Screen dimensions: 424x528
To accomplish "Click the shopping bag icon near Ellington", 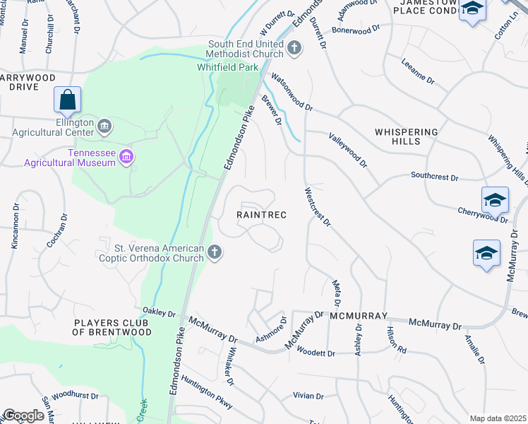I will [x=67, y=100].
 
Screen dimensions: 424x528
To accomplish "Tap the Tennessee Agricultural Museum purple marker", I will [x=127, y=156].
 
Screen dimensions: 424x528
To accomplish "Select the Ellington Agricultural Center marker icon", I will [x=104, y=126].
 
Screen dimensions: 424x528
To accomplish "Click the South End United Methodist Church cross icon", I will [x=294, y=49].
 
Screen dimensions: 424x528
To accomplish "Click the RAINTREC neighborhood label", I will [x=260, y=215].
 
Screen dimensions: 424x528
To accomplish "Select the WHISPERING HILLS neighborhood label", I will [x=407, y=136].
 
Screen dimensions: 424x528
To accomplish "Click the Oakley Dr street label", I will [x=158, y=312].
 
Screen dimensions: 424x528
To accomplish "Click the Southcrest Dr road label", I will [x=435, y=177].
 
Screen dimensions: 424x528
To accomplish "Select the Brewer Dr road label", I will [x=272, y=112].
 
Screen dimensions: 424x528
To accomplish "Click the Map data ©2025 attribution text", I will [x=497, y=418].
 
